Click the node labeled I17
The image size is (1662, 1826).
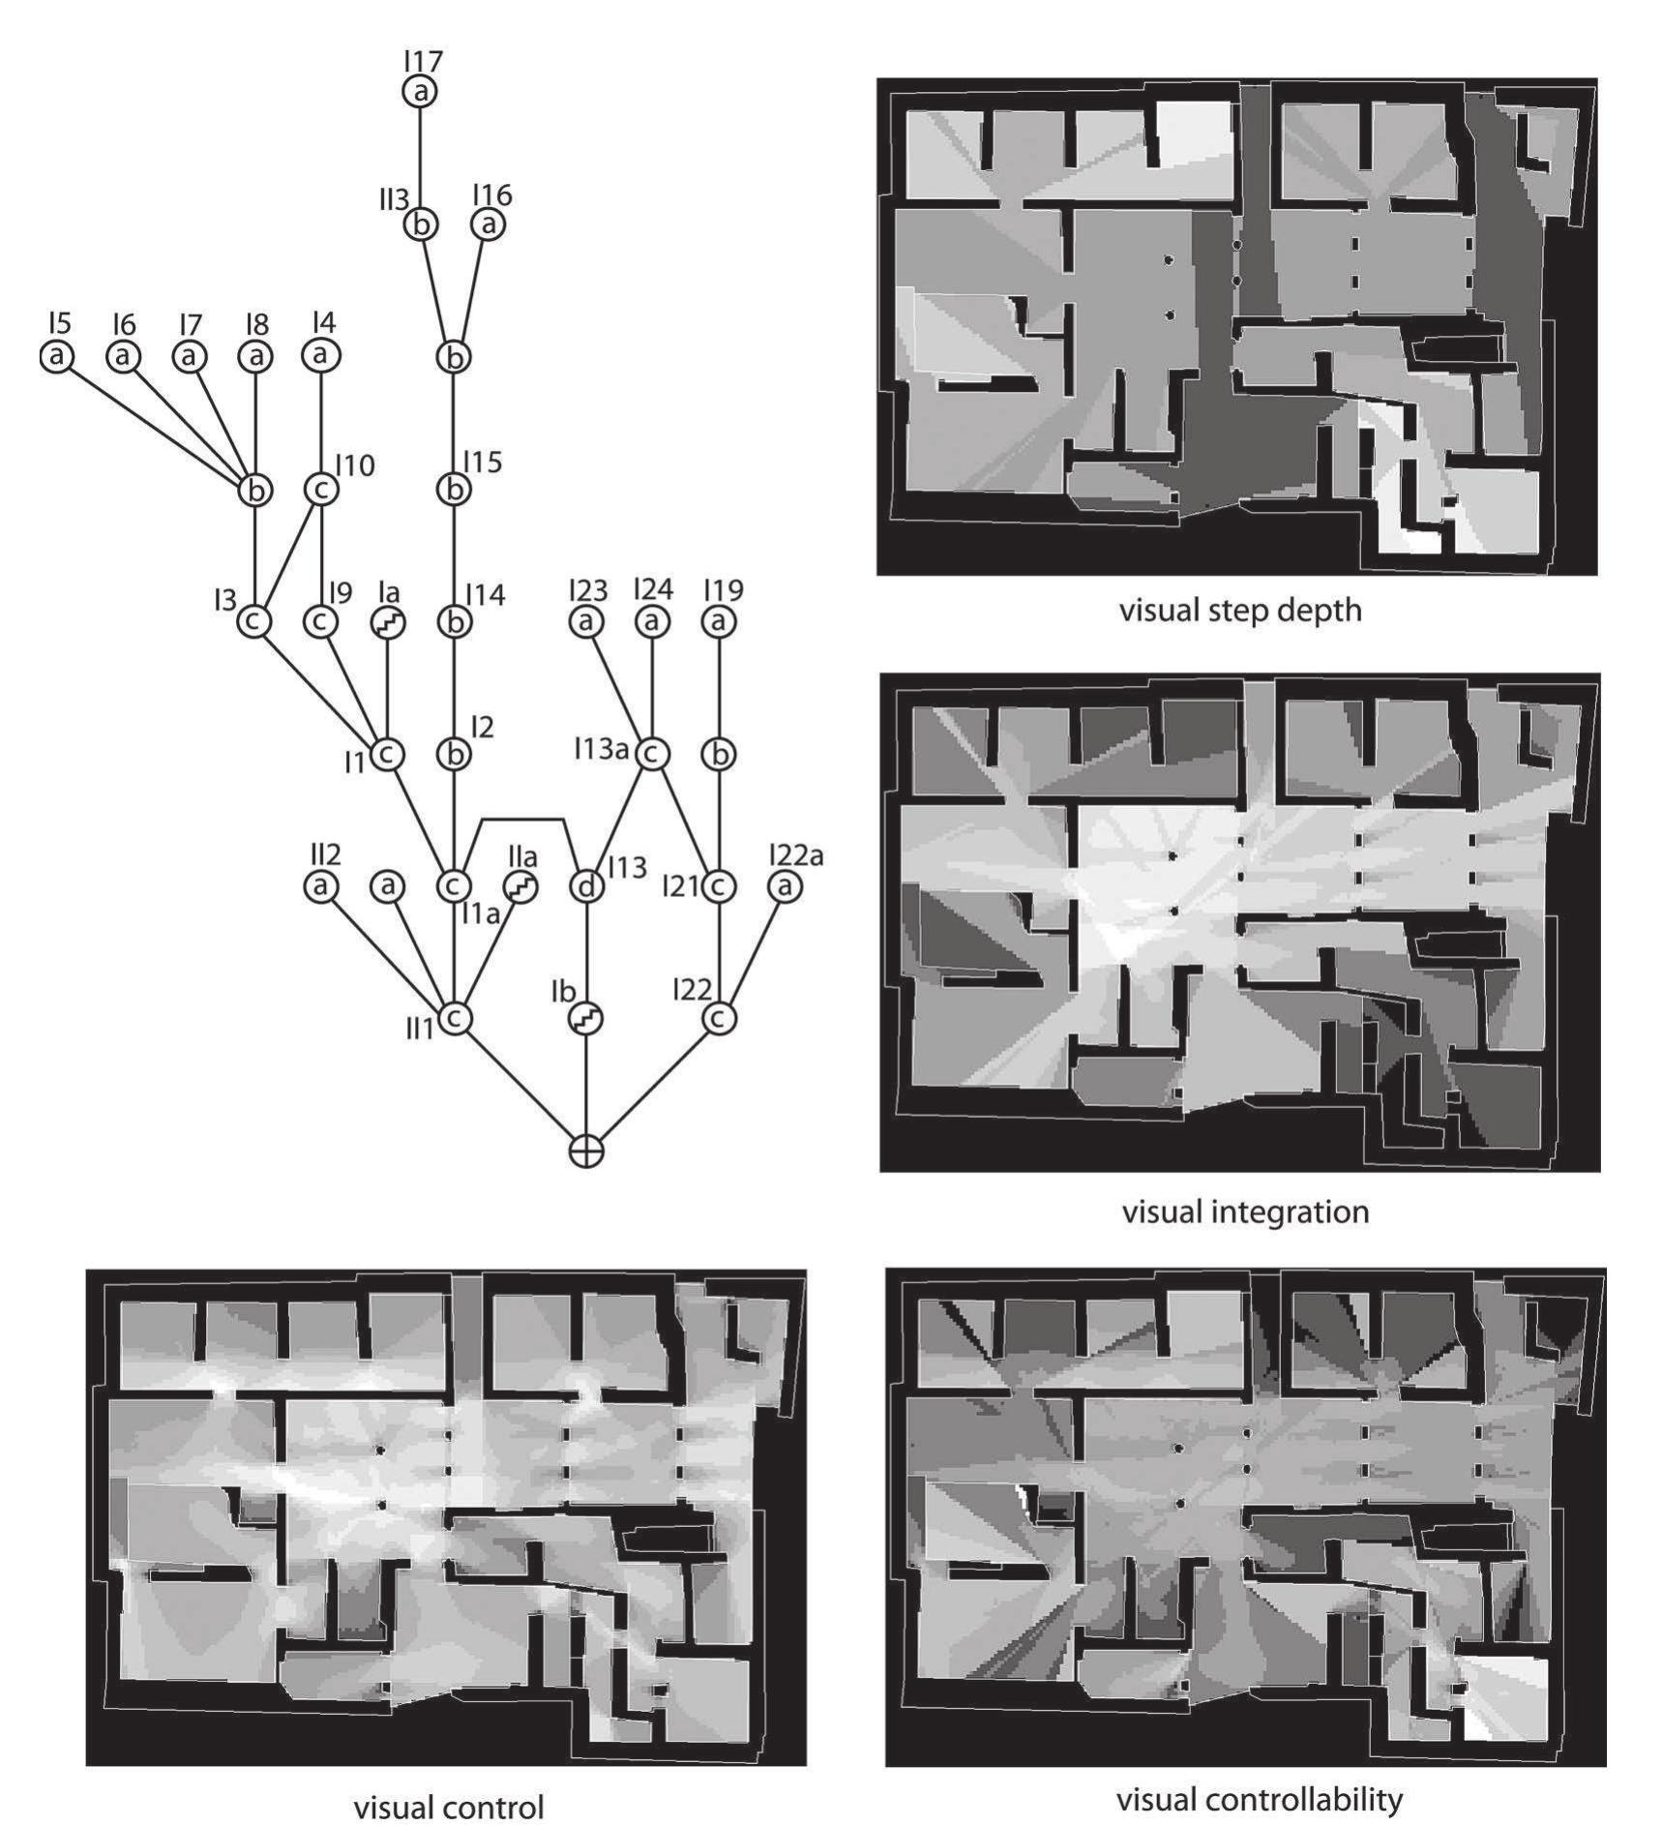pos(420,92)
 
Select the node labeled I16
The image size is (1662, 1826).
pos(488,225)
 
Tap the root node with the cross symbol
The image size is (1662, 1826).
pos(585,1151)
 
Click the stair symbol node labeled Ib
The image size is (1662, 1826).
pos(585,1018)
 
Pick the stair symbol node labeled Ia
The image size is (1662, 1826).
pos(388,622)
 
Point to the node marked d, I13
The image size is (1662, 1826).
pos(585,885)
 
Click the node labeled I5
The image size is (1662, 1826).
pos(57,356)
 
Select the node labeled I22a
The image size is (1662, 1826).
pos(784,885)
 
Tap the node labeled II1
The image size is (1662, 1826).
pos(454,1018)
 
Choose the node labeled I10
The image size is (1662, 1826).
pos(321,490)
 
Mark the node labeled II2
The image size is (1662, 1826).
pos(321,885)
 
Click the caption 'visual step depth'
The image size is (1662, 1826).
pos(1239,611)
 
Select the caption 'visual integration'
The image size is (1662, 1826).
pos(1245,1211)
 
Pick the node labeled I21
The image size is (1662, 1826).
pos(718,885)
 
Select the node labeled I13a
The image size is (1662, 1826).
pos(651,754)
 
